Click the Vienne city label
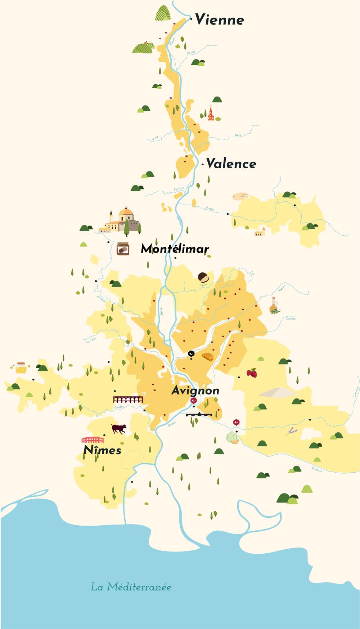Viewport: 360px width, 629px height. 220,20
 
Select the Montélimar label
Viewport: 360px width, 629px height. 175,249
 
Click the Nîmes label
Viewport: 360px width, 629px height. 102,450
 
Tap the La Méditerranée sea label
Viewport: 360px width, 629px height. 131,587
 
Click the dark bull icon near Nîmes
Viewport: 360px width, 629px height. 119,429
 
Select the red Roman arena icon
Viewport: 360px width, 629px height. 93,440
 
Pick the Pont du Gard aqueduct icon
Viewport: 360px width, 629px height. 128,400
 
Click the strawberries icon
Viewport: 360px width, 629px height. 252,373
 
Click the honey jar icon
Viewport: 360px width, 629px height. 21,368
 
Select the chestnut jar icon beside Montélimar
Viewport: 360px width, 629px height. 123,249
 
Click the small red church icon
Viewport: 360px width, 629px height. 211,113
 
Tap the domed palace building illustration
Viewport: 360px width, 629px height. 122,220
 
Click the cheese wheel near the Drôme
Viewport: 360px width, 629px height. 240,196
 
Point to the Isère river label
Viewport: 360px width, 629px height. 238,135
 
